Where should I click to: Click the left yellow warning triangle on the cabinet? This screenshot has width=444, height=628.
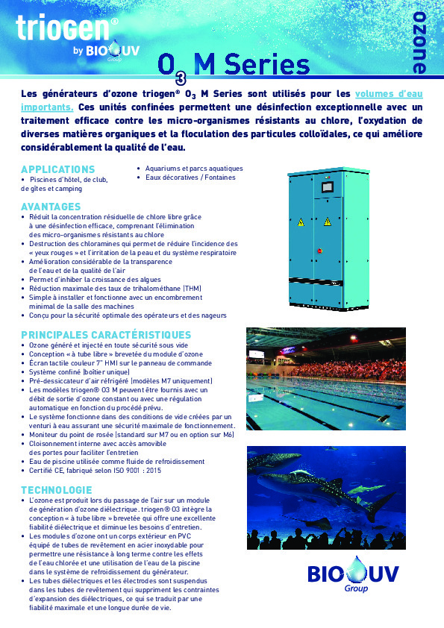coord(302,222)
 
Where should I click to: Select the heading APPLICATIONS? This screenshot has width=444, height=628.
coord(58,169)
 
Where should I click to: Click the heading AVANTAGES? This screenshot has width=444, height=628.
coord(51,206)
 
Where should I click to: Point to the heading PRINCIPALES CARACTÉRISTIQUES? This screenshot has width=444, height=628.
coord(106,334)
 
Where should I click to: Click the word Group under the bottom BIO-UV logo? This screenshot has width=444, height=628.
coord(356,588)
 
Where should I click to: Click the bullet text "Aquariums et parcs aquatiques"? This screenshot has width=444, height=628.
coord(194,169)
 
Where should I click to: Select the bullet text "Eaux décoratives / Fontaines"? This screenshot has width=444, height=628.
coord(190,178)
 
